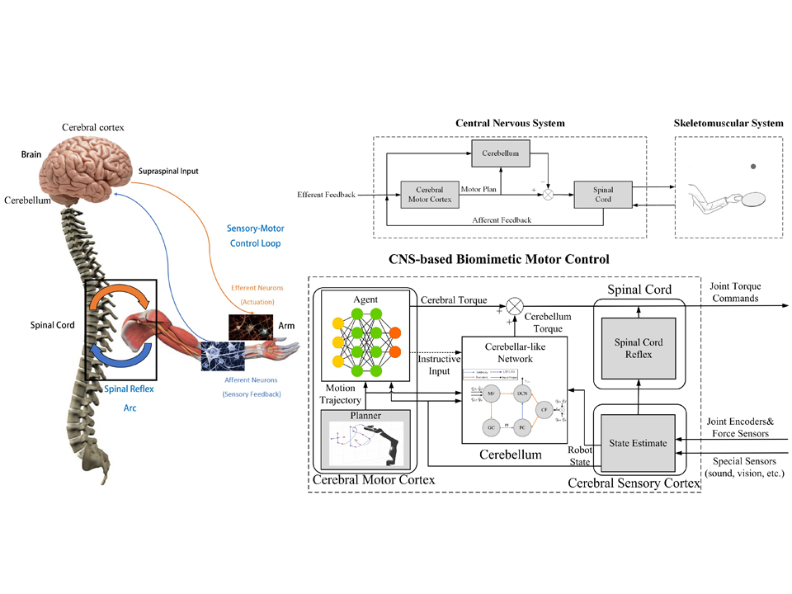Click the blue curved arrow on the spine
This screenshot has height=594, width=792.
click(120, 356)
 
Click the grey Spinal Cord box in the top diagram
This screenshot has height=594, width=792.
click(602, 195)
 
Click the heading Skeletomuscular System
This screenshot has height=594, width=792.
click(729, 123)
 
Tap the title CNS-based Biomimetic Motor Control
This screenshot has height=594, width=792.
click(499, 259)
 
